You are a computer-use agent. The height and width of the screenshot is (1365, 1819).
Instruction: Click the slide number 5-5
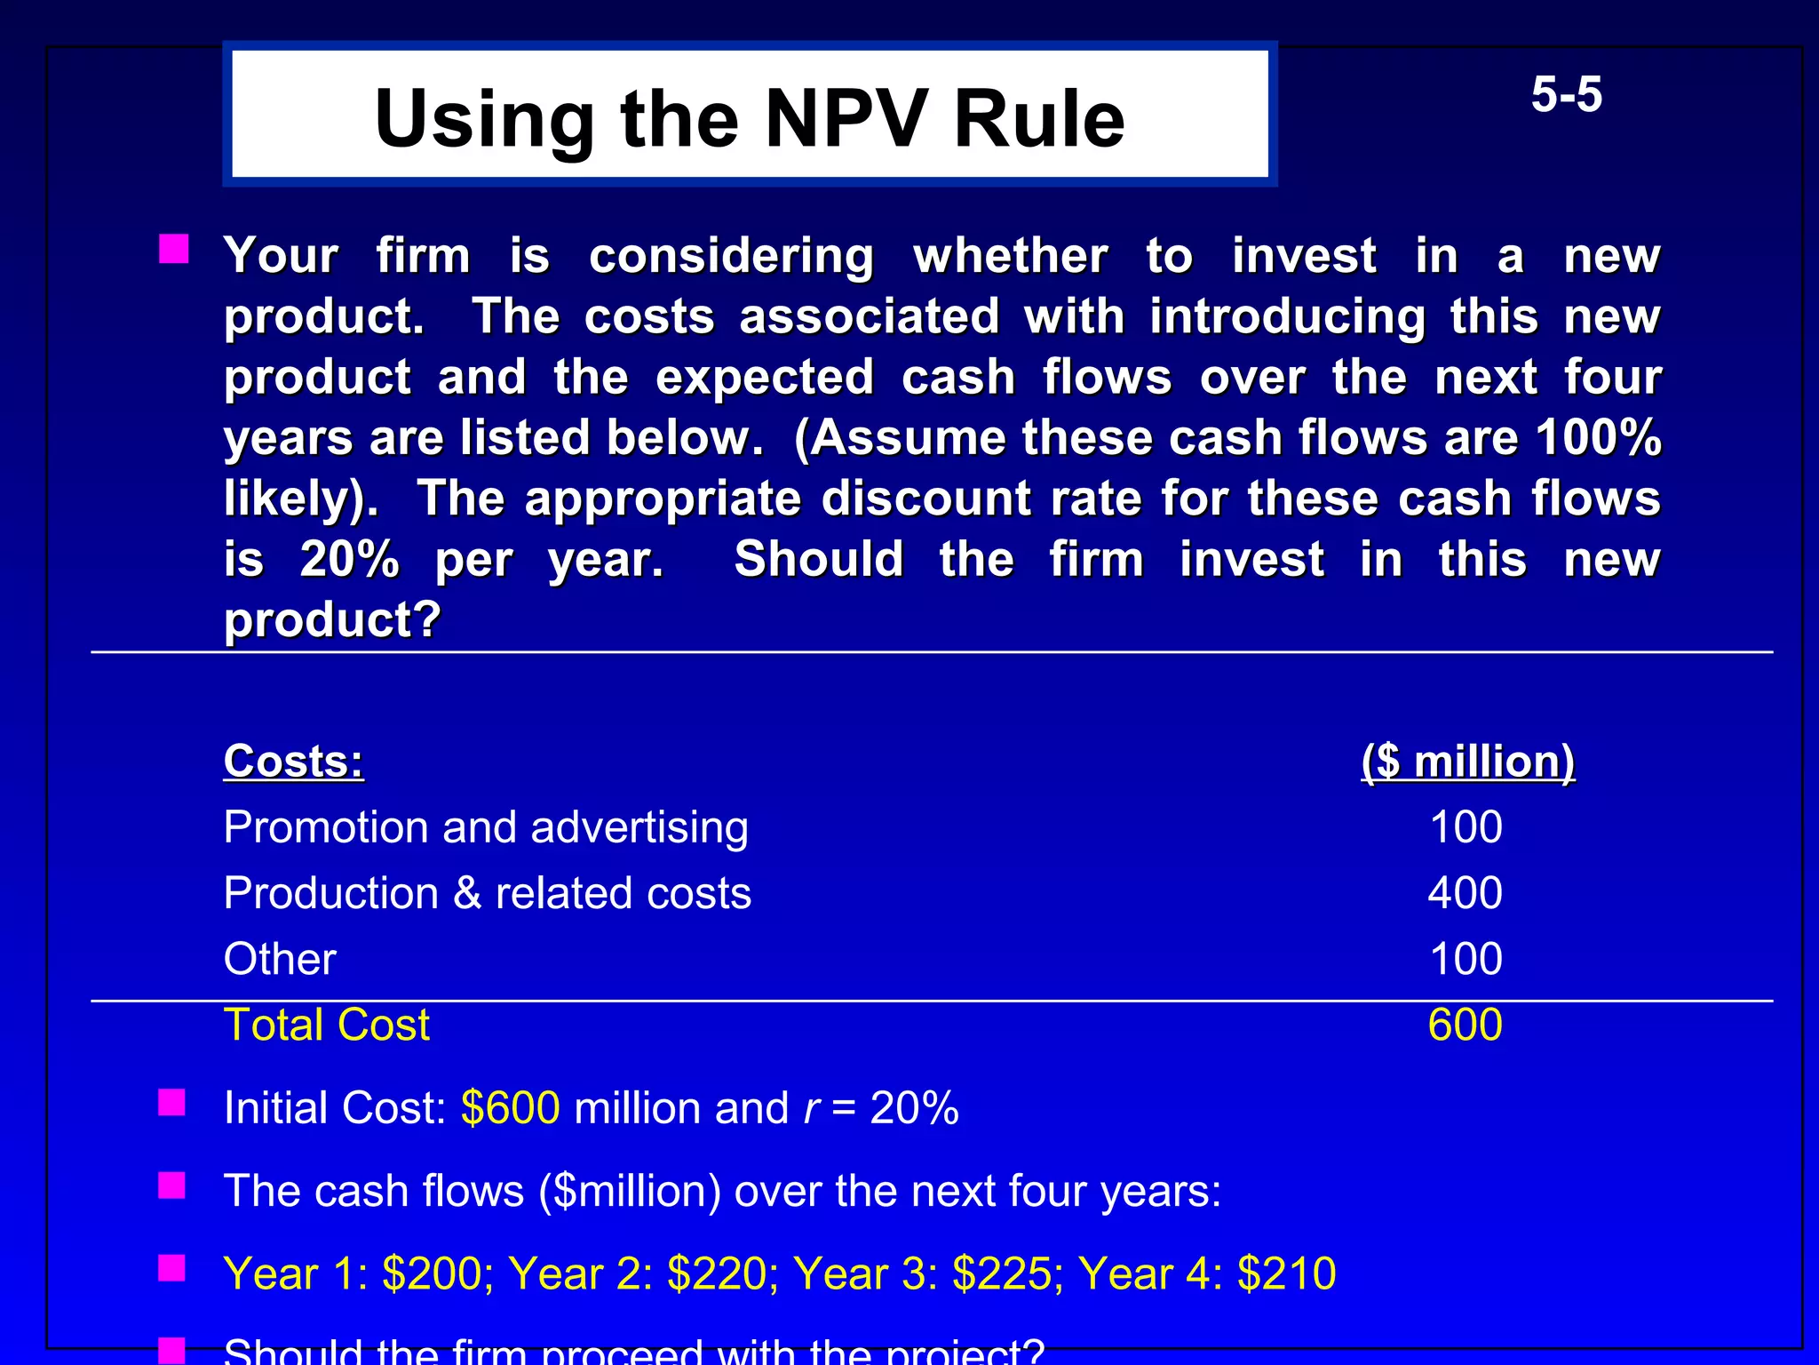(1566, 95)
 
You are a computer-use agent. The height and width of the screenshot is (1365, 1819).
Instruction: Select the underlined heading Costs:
(294, 762)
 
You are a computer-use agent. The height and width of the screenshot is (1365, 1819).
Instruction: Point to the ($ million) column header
(1467, 762)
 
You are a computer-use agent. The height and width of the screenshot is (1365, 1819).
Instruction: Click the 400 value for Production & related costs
(1466, 892)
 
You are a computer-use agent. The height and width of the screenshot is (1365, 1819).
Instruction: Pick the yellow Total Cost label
(327, 1025)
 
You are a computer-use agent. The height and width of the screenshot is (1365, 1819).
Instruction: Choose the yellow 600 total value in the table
(1466, 1025)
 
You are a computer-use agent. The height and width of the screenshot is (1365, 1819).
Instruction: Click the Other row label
(280, 959)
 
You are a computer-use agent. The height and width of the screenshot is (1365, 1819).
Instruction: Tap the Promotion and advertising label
(486, 827)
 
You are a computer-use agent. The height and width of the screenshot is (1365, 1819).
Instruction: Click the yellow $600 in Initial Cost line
(511, 1108)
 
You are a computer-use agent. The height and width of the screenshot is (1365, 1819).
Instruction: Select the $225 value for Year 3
(1001, 1273)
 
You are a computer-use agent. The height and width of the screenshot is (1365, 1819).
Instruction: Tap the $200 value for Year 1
(432, 1273)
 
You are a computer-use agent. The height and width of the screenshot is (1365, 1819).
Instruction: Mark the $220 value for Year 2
(717, 1273)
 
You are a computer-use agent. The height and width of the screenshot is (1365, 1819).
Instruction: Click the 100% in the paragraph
(1599, 437)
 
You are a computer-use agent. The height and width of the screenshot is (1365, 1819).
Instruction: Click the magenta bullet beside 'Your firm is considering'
(173, 249)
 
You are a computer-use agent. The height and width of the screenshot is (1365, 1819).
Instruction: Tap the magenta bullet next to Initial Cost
(171, 1103)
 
